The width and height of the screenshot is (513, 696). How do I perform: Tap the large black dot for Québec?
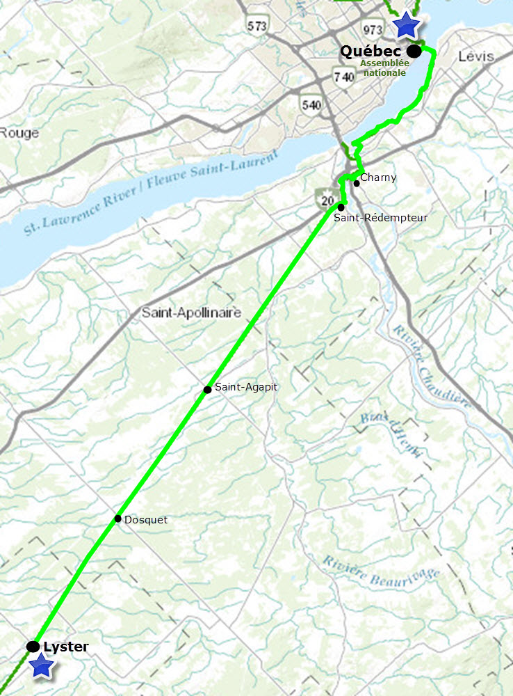click(414, 51)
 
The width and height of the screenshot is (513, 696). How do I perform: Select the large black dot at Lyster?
click(33, 647)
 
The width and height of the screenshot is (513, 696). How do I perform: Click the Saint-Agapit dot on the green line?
click(207, 389)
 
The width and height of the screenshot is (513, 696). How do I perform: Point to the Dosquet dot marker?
click(118, 519)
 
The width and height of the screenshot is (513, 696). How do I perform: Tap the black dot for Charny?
click(356, 184)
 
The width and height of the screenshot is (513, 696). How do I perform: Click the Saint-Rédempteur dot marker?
click(341, 207)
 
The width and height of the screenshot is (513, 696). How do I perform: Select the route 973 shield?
click(372, 29)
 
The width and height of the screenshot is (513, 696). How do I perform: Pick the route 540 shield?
click(311, 105)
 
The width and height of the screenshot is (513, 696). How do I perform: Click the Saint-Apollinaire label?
click(191, 313)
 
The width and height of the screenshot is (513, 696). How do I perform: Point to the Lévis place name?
click(476, 56)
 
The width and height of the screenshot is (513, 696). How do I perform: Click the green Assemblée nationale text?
click(383, 67)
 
